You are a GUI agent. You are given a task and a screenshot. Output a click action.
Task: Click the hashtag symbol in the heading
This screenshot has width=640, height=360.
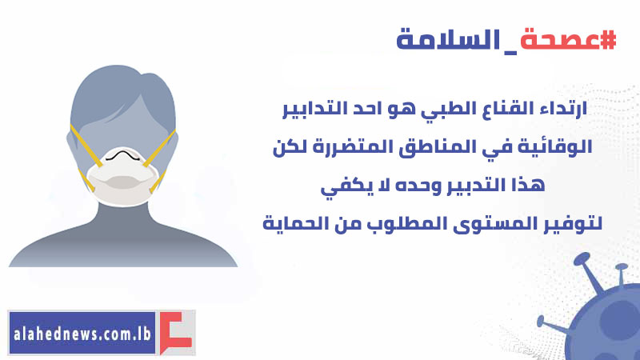point(608,40)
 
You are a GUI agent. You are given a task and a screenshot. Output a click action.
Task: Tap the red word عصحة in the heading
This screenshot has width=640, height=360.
point(559,40)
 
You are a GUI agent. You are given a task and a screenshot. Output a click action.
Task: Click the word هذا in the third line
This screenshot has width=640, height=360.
point(528,185)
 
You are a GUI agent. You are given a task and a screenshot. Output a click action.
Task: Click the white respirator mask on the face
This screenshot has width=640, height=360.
point(122,176)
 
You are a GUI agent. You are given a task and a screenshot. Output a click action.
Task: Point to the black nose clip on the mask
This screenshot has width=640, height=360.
point(122,155)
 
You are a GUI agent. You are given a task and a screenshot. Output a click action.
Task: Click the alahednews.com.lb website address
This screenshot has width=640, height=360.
point(82,334)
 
